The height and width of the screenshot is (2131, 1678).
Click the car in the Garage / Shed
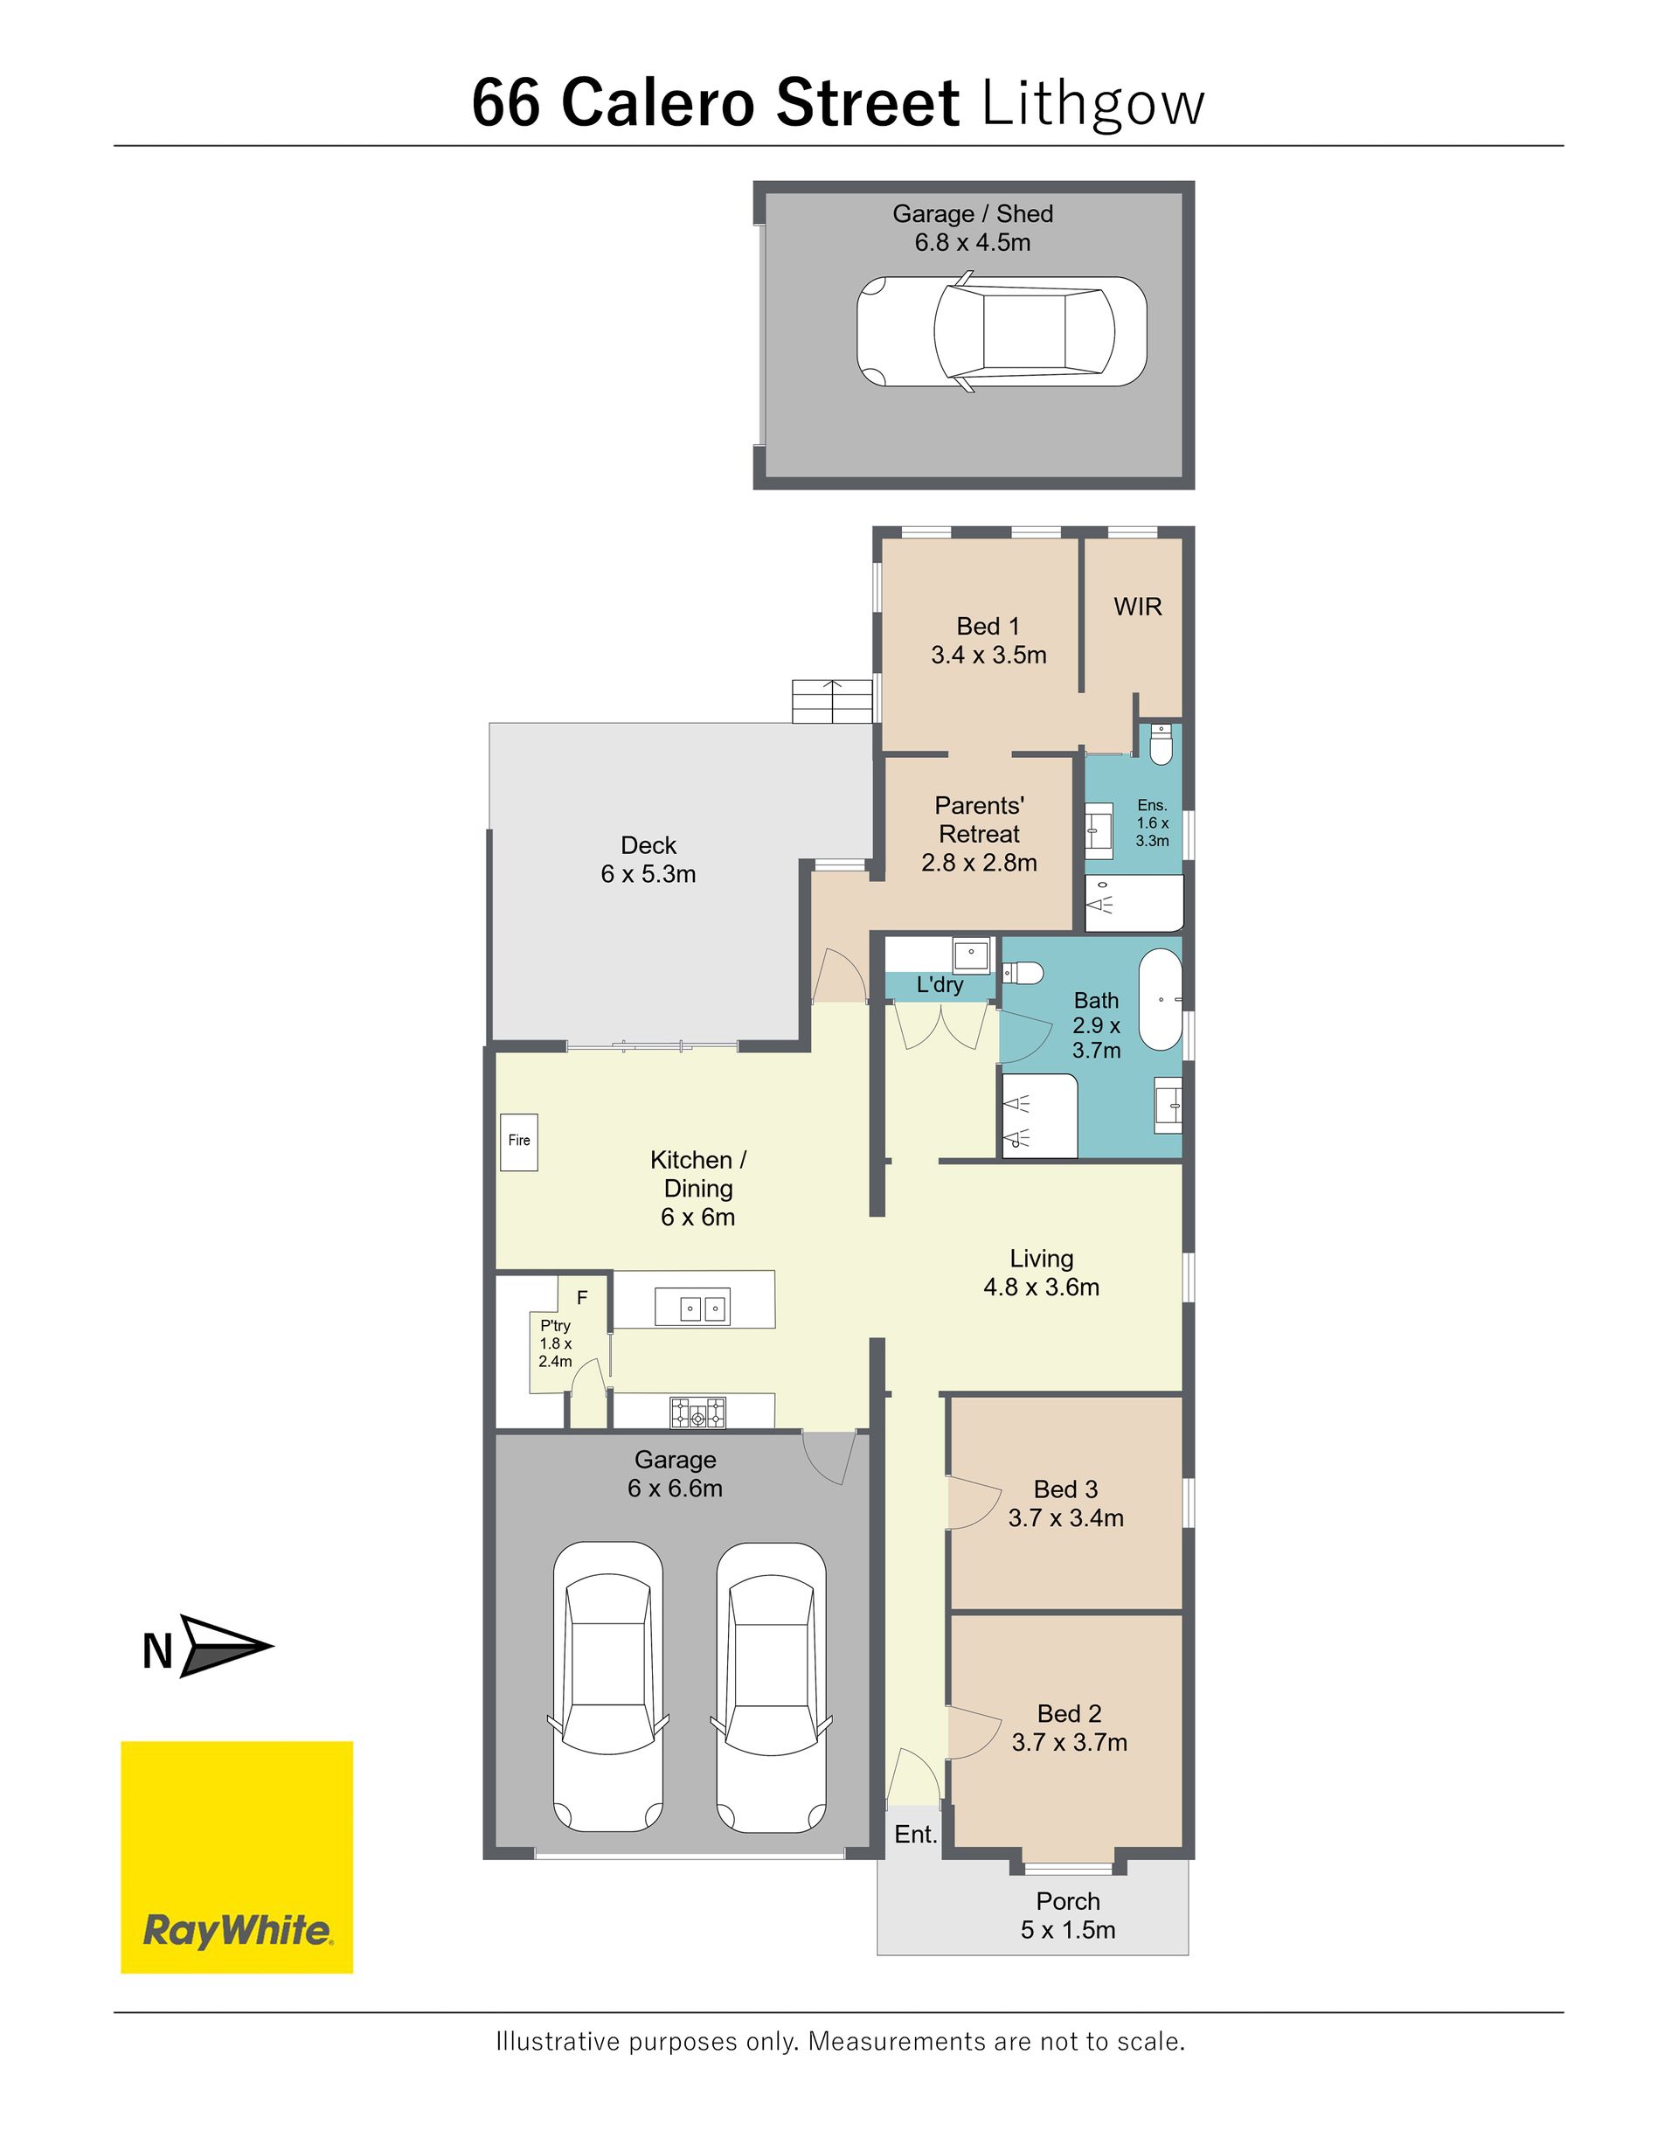click(1001, 331)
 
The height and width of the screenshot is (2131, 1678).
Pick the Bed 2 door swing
click(974, 1733)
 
